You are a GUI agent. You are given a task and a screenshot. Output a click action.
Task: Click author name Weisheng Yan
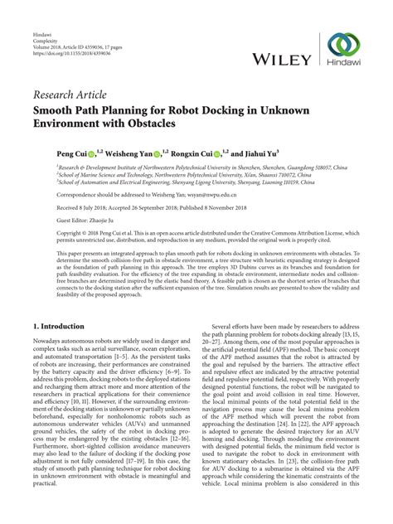tap(132, 154)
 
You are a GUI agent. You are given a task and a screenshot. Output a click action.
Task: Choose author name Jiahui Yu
tap(256, 154)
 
